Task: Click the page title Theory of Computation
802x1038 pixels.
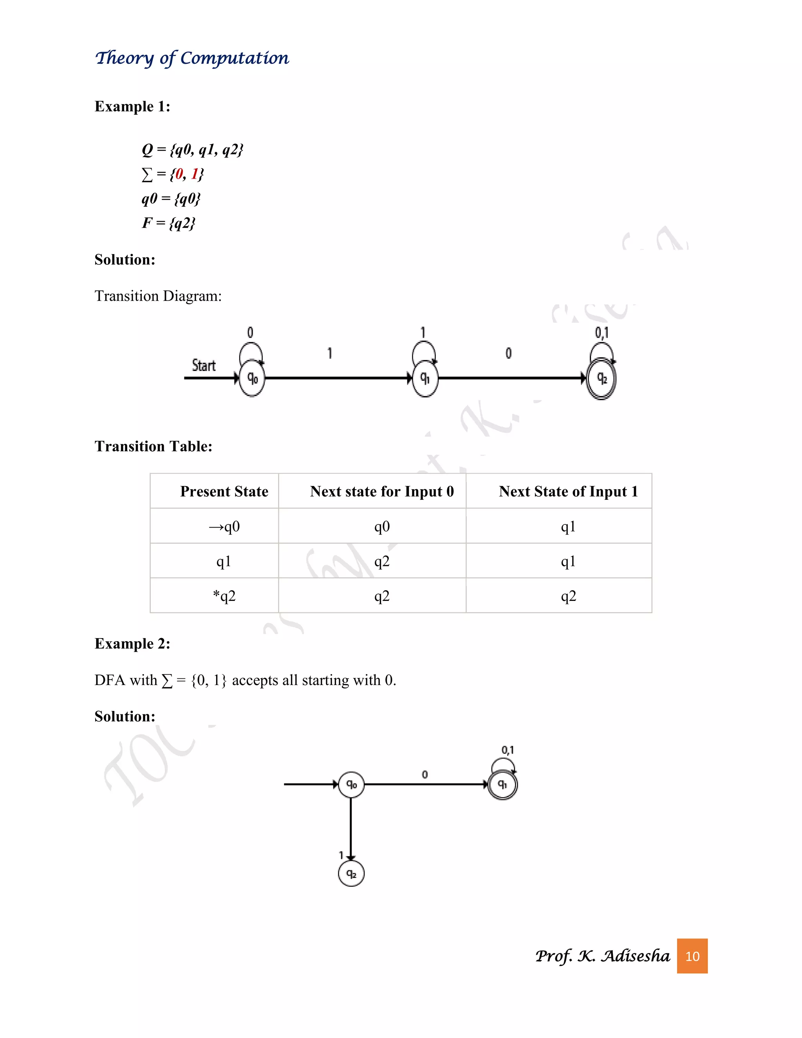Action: pos(192,58)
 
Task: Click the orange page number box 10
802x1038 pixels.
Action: pos(692,956)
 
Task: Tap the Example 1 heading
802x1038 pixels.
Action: pos(132,107)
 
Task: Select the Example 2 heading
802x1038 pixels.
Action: pos(132,644)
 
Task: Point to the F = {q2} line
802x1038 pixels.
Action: pos(168,222)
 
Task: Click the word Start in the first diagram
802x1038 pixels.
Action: pos(203,365)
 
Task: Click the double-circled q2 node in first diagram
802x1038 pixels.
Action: pos(601,378)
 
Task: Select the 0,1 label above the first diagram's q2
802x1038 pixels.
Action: pos(601,333)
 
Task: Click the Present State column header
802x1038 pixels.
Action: pos(224,491)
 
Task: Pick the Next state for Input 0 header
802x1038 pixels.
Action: pos(381,491)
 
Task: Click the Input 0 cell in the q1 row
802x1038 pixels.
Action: pos(381,561)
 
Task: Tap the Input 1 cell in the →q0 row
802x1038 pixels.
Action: pos(568,526)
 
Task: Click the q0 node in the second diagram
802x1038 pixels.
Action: pos(351,784)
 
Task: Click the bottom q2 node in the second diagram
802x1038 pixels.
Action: pos(351,873)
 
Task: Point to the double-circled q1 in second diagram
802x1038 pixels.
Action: pos(503,785)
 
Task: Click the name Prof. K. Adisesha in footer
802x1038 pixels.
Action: pos(602,956)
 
